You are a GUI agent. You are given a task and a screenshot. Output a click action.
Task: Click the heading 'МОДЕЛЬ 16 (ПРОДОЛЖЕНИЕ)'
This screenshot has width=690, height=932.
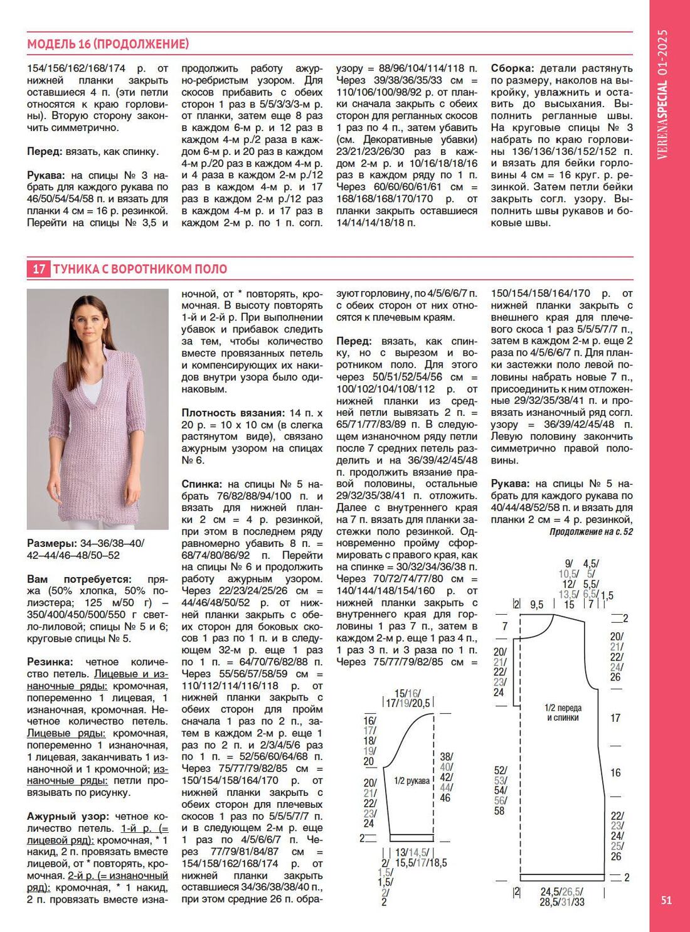click(108, 44)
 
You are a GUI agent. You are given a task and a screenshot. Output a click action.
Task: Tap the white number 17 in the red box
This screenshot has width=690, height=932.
click(39, 269)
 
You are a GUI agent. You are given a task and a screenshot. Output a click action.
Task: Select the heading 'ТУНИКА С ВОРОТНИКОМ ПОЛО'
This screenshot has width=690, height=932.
click(140, 269)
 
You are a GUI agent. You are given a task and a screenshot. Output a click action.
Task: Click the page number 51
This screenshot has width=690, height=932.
click(666, 900)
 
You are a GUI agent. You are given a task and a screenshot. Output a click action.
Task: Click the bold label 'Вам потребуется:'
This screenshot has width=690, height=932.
click(79, 580)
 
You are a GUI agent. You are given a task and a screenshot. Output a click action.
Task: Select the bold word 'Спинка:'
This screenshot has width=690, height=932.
click(201, 484)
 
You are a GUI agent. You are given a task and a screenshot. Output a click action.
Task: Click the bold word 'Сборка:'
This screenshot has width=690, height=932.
click(512, 68)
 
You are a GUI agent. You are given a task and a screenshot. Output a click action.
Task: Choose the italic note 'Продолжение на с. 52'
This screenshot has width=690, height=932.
click(591, 532)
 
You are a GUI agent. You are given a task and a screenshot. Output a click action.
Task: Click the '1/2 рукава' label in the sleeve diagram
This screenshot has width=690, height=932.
click(411, 781)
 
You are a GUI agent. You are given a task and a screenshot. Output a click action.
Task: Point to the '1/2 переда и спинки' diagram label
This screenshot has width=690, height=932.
click(562, 712)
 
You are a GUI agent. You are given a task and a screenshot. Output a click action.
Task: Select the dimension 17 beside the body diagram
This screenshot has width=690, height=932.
click(615, 718)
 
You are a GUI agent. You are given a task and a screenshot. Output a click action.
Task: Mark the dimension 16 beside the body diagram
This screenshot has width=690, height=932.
click(615, 773)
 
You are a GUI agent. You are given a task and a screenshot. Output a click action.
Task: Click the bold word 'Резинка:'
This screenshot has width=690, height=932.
click(50, 662)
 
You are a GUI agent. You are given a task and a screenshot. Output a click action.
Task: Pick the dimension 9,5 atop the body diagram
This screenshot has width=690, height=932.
click(536, 605)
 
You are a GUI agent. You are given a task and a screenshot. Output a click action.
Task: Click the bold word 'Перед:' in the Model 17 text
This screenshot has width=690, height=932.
click(354, 341)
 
